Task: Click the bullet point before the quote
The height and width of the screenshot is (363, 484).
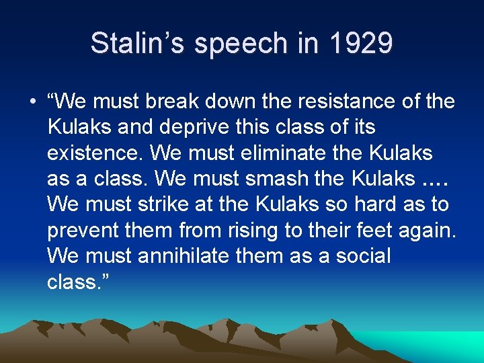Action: point(32,102)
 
